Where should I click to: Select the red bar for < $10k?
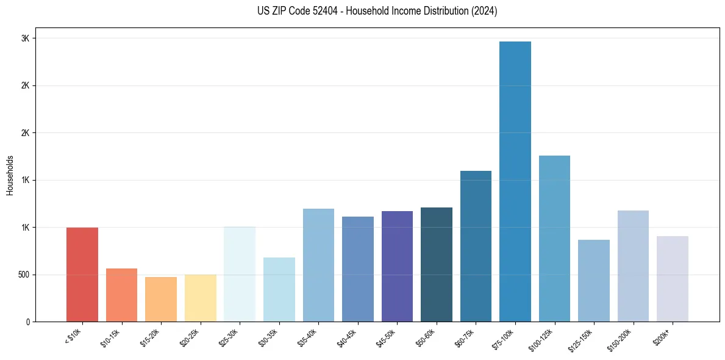pyautogui.click(x=82, y=275)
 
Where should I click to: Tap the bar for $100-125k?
pyautogui.click(x=554, y=239)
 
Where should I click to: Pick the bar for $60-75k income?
pyautogui.click(x=476, y=246)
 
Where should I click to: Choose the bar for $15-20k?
pyautogui.click(x=161, y=299)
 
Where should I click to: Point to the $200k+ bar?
pyautogui.click(x=673, y=279)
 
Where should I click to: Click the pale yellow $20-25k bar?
pyautogui.click(x=201, y=298)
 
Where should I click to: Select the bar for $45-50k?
pyautogui.click(x=397, y=266)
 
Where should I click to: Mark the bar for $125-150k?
pyautogui.click(x=594, y=281)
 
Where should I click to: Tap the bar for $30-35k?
pyautogui.click(x=279, y=289)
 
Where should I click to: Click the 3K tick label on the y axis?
pyautogui.click(x=25, y=38)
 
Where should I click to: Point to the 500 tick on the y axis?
pyautogui.click(x=23, y=275)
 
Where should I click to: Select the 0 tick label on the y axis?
pyautogui.click(x=27, y=322)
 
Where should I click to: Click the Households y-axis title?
pyautogui.click(x=10, y=175)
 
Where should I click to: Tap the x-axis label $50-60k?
pyautogui.click(x=426, y=337)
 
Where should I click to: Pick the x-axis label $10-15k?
pyautogui.click(x=110, y=337)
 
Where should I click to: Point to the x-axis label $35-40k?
pyautogui.click(x=307, y=337)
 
